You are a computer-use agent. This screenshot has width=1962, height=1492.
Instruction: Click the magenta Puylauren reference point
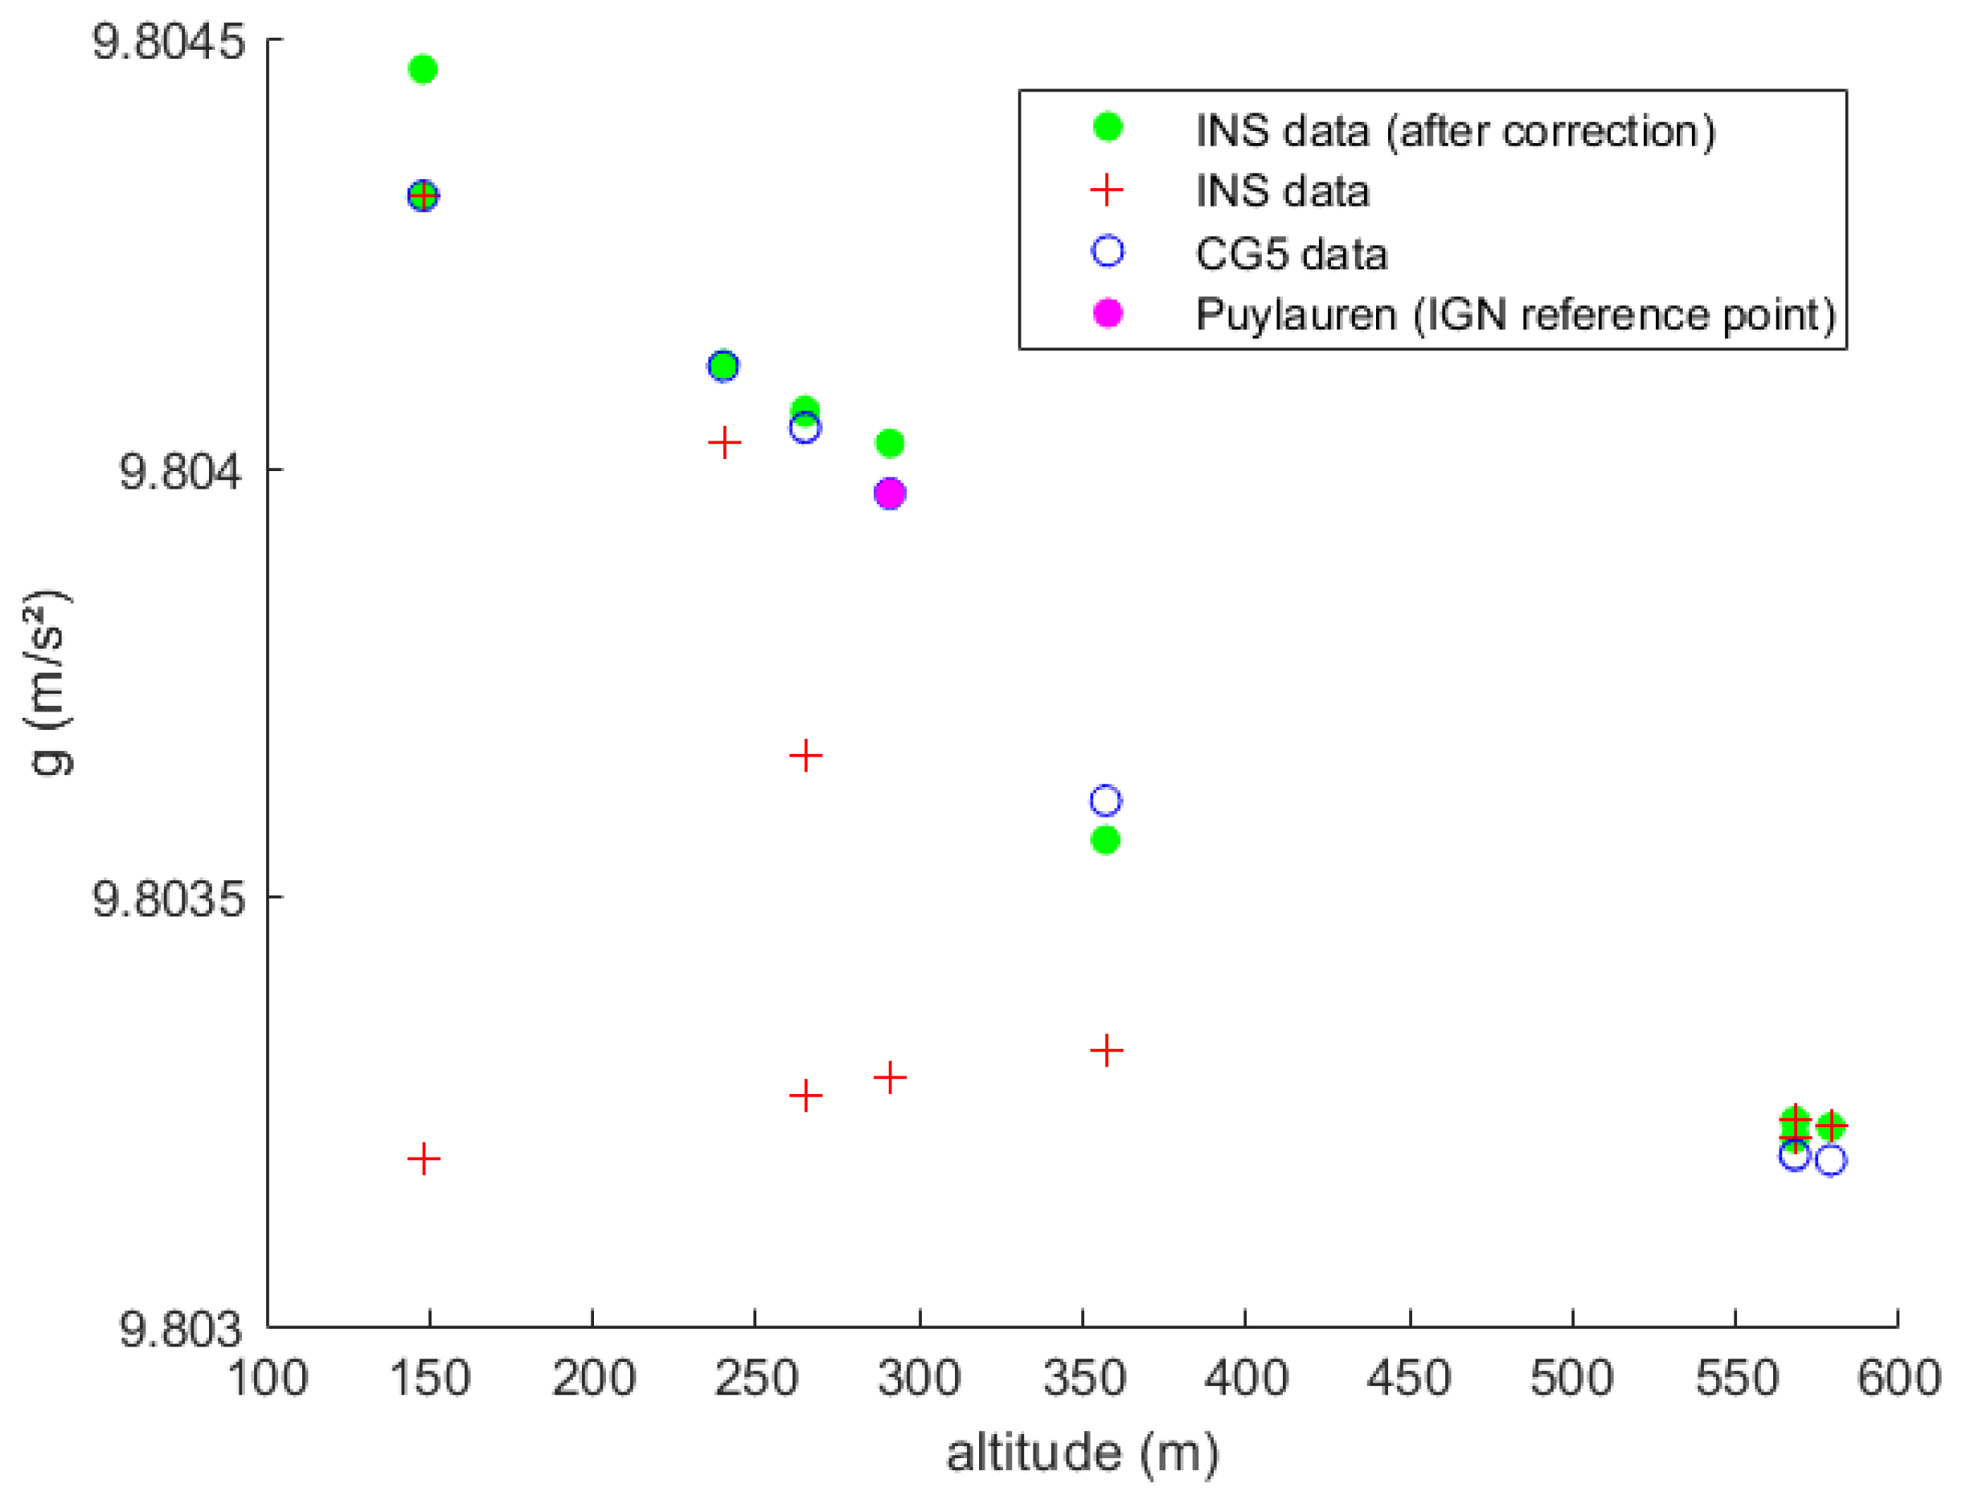click(x=890, y=493)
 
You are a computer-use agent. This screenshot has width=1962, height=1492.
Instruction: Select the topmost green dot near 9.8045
click(x=423, y=68)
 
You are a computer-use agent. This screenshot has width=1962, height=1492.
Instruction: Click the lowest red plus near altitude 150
click(x=424, y=1159)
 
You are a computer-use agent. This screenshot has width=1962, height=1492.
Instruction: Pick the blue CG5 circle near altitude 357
click(x=1105, y=801)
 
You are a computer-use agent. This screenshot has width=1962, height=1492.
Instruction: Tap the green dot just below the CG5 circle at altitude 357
click(x=1105, y=840)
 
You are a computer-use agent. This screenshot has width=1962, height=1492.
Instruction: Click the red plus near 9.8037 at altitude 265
click(x=805, y=756)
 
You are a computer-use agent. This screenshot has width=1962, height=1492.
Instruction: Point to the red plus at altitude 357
click(x=1106, y=1051)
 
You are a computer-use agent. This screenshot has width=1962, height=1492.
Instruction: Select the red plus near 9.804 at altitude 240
click(x=724, y=442)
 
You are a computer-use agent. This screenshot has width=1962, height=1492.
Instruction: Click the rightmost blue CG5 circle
click(x=1831, y=1160)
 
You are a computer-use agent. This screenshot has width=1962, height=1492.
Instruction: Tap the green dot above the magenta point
click(x=890, y=442)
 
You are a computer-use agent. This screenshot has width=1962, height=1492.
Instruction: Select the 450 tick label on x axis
click(x=1408, y=1379)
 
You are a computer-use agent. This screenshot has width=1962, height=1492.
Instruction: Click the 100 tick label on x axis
click(x=267, y=1379)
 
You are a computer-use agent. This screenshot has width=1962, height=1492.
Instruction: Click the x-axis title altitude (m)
click(x=1082, y=1453)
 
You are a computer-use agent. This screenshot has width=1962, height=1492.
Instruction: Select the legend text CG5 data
click(x=1291, y=254)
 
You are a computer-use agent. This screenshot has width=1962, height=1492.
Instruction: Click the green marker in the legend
click(x=1107, y=127)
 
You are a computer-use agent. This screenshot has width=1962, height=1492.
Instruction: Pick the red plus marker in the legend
click(x=1107, y=190)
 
